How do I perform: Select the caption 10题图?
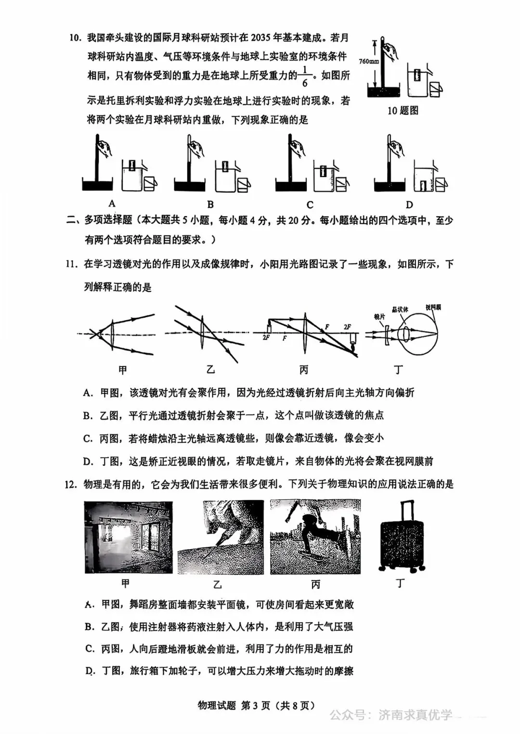point(403,111)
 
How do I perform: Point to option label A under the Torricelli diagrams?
point(112,204)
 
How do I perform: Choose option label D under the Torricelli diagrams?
point(409,205)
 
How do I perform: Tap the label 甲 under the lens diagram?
point(123,370)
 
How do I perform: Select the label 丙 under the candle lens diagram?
point(303,370)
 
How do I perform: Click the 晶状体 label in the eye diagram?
point(400,309)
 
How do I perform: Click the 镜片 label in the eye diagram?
point(379,317)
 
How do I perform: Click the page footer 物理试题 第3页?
point(256,706)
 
